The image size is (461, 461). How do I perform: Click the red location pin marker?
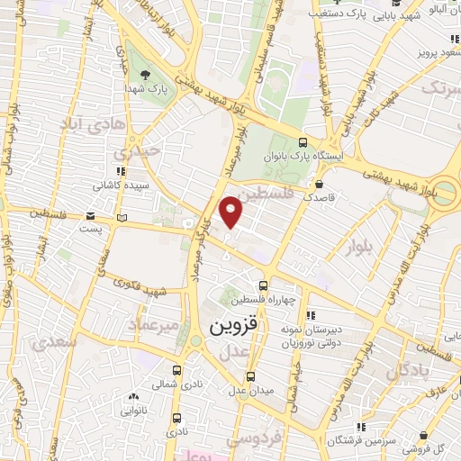tap(232, 211)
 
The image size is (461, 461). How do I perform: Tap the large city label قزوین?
tap(239, 328)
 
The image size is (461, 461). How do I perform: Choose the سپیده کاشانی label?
tap(124, 186)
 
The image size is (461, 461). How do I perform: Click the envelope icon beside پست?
tap(91, 216)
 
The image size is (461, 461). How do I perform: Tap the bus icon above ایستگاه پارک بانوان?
tap(303, 142)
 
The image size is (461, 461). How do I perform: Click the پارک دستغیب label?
tap(341, 15)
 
